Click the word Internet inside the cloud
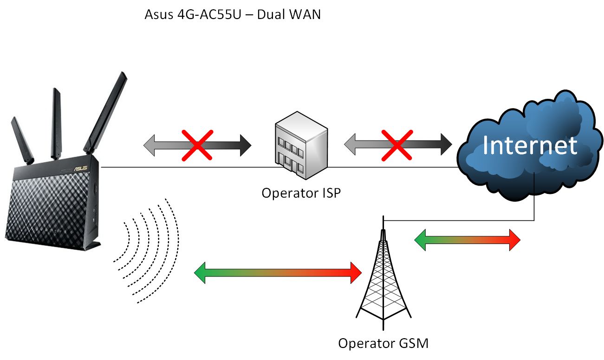(x=530, y=145)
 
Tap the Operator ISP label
(x=301, y=193)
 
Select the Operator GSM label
(x=383, y=343)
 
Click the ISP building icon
(x=301, y=145)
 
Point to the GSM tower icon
(x=383, y=273)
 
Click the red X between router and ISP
(x=197, y=146)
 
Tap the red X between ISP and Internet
(x=397, y=145)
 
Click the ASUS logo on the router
(x=80, y=168)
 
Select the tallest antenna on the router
(x=106, y=113)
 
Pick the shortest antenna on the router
(x=22, y=140)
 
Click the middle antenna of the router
(x=56, y=123)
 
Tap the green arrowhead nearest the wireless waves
(x=200, y=273)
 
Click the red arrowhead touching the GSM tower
(x=356, y=273)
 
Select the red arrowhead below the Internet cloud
(x=515, y=240)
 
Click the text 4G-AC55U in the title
(x=209, y=14)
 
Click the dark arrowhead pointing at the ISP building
(x=246, y=146)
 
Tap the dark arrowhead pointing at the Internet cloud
(x=446, y=144)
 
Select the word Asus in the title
(x=159, y=14)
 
